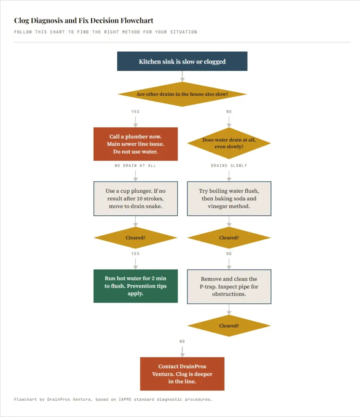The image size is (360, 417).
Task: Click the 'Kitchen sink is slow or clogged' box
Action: pos(182,61)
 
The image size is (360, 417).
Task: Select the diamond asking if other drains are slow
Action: pos(182,94)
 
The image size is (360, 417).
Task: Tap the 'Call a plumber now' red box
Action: pos(135,144)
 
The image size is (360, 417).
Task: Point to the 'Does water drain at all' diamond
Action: pos(229,143)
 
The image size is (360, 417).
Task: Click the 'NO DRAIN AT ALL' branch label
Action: pos(135,166)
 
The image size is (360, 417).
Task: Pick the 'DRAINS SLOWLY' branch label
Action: pos(229,166)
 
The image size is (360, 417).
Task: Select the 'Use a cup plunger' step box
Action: pos(135,198)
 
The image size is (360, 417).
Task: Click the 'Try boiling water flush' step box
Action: pos(229,198)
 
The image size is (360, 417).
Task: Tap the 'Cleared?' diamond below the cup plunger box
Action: pos(135,237)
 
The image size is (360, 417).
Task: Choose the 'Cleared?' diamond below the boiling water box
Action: pos(229,237)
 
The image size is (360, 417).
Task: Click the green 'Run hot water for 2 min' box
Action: pos(135,286)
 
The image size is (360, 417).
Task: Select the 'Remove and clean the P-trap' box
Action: pos(229,286)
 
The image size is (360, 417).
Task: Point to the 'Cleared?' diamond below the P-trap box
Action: pos(229,326)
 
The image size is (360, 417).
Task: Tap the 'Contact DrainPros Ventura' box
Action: pos(182,374)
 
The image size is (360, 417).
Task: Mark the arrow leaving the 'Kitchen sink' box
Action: pos(182,76)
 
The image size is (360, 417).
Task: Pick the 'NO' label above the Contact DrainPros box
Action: pos(182,341)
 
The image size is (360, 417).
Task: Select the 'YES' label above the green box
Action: pos(135,254)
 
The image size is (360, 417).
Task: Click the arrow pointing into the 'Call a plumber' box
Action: pos(135,122)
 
